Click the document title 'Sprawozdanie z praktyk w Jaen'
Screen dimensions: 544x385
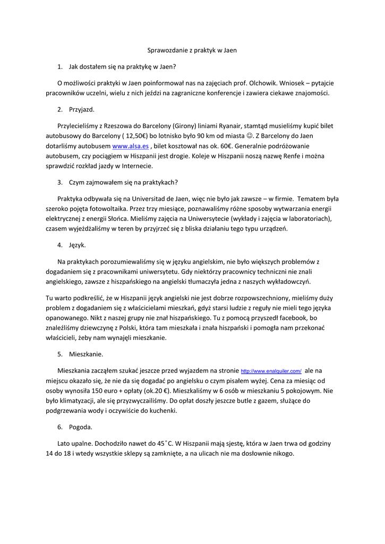(x=192, y=50)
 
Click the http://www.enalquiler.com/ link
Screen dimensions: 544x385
(x=271, y=371)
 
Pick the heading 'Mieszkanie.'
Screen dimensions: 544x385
(x=86, y=354)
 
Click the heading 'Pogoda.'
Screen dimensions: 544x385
(x=81, y=427)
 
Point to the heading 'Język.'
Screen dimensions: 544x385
(x=78, y=245)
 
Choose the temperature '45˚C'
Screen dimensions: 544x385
(x=165, y=443)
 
